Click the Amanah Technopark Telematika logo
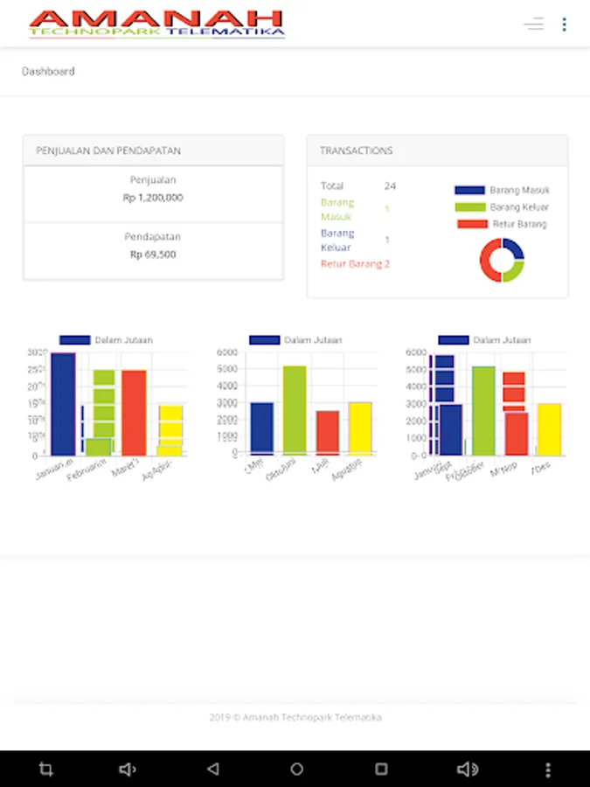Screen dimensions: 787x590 click(x=157, y=24)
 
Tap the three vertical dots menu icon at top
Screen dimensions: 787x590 click(x=564, y=24)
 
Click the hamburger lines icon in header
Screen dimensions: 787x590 click(x=533, y=24)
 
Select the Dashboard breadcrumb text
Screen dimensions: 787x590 click(x=48, y=72)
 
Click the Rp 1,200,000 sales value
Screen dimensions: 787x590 click(x=153, y=198)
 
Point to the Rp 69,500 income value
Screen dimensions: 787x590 click(x=153, y=254)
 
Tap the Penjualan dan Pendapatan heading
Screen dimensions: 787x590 click(x=108, y=150)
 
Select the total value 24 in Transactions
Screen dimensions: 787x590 click(x=390, y=186)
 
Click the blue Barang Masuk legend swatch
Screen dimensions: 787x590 click(x=469, y=190)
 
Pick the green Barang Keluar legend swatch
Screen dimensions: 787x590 click(x=469, y=207)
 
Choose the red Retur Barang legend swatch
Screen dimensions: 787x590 click(x=472, y=224)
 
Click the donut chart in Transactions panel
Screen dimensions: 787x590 click(x=502, y=260)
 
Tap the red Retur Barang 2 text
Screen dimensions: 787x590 click(x=355, y=264)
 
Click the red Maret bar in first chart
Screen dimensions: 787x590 click(x=134, y=412)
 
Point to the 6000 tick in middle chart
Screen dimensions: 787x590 click(x=226, y=352)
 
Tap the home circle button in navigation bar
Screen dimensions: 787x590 click(x=296, y=770)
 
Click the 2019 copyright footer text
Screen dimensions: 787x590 click(x=295, y=717)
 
